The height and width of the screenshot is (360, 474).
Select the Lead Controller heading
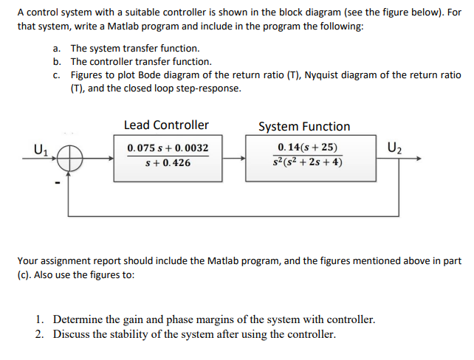point(166,125)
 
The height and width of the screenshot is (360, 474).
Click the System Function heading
point(304,126)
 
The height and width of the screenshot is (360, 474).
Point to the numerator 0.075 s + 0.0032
point(166,148)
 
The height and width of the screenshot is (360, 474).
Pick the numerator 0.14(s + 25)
point(305,148)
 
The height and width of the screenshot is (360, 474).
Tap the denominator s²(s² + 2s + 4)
point(306,162)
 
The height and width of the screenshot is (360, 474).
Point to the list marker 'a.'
point(57,48)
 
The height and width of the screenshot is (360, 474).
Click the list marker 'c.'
point(57,75)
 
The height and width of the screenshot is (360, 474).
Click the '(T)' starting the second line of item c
point(78,88)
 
